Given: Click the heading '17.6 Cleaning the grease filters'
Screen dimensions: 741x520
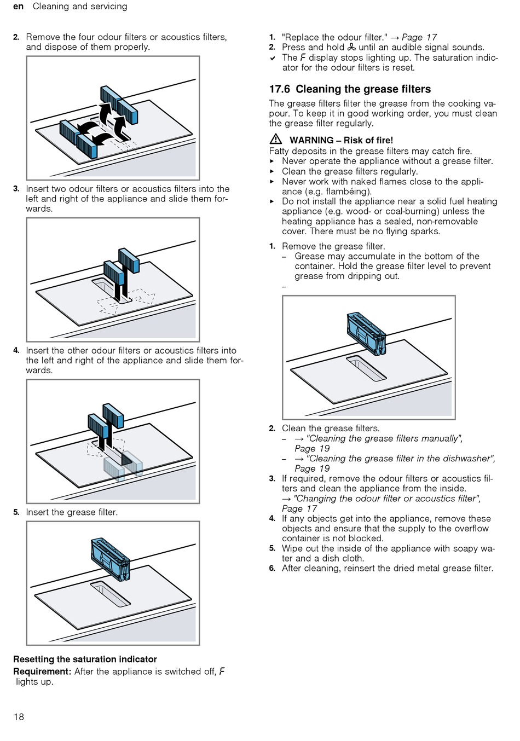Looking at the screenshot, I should click(x=350, y=89).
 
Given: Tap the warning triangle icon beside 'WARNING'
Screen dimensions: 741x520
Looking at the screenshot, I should click(x=276, y=139).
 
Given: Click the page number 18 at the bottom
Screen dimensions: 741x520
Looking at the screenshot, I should click(x=19, y=717).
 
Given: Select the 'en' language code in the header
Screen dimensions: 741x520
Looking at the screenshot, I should click(x=19, y=7).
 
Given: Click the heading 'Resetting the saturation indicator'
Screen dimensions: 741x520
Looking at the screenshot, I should click(x=85, y=659).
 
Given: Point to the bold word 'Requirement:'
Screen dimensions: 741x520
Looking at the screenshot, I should click(x=42, y=671).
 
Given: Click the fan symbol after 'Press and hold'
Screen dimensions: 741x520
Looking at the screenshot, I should click(x=351, y=48).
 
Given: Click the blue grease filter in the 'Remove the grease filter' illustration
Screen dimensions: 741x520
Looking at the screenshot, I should click(x=367, y=333).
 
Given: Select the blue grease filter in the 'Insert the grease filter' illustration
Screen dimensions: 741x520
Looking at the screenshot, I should click(x=111, y=559).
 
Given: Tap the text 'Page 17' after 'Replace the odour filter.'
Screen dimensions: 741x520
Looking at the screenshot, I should click(x=419, y=37).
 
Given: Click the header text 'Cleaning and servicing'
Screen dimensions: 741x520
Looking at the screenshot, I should click(x=80, y=7).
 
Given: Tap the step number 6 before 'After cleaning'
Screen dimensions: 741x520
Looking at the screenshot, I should click(x=272, y=569).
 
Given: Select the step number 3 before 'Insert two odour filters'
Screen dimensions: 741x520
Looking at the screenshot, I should click(x=16, y=189).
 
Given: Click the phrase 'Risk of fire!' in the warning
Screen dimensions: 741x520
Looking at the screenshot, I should click(x=368, y=140).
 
